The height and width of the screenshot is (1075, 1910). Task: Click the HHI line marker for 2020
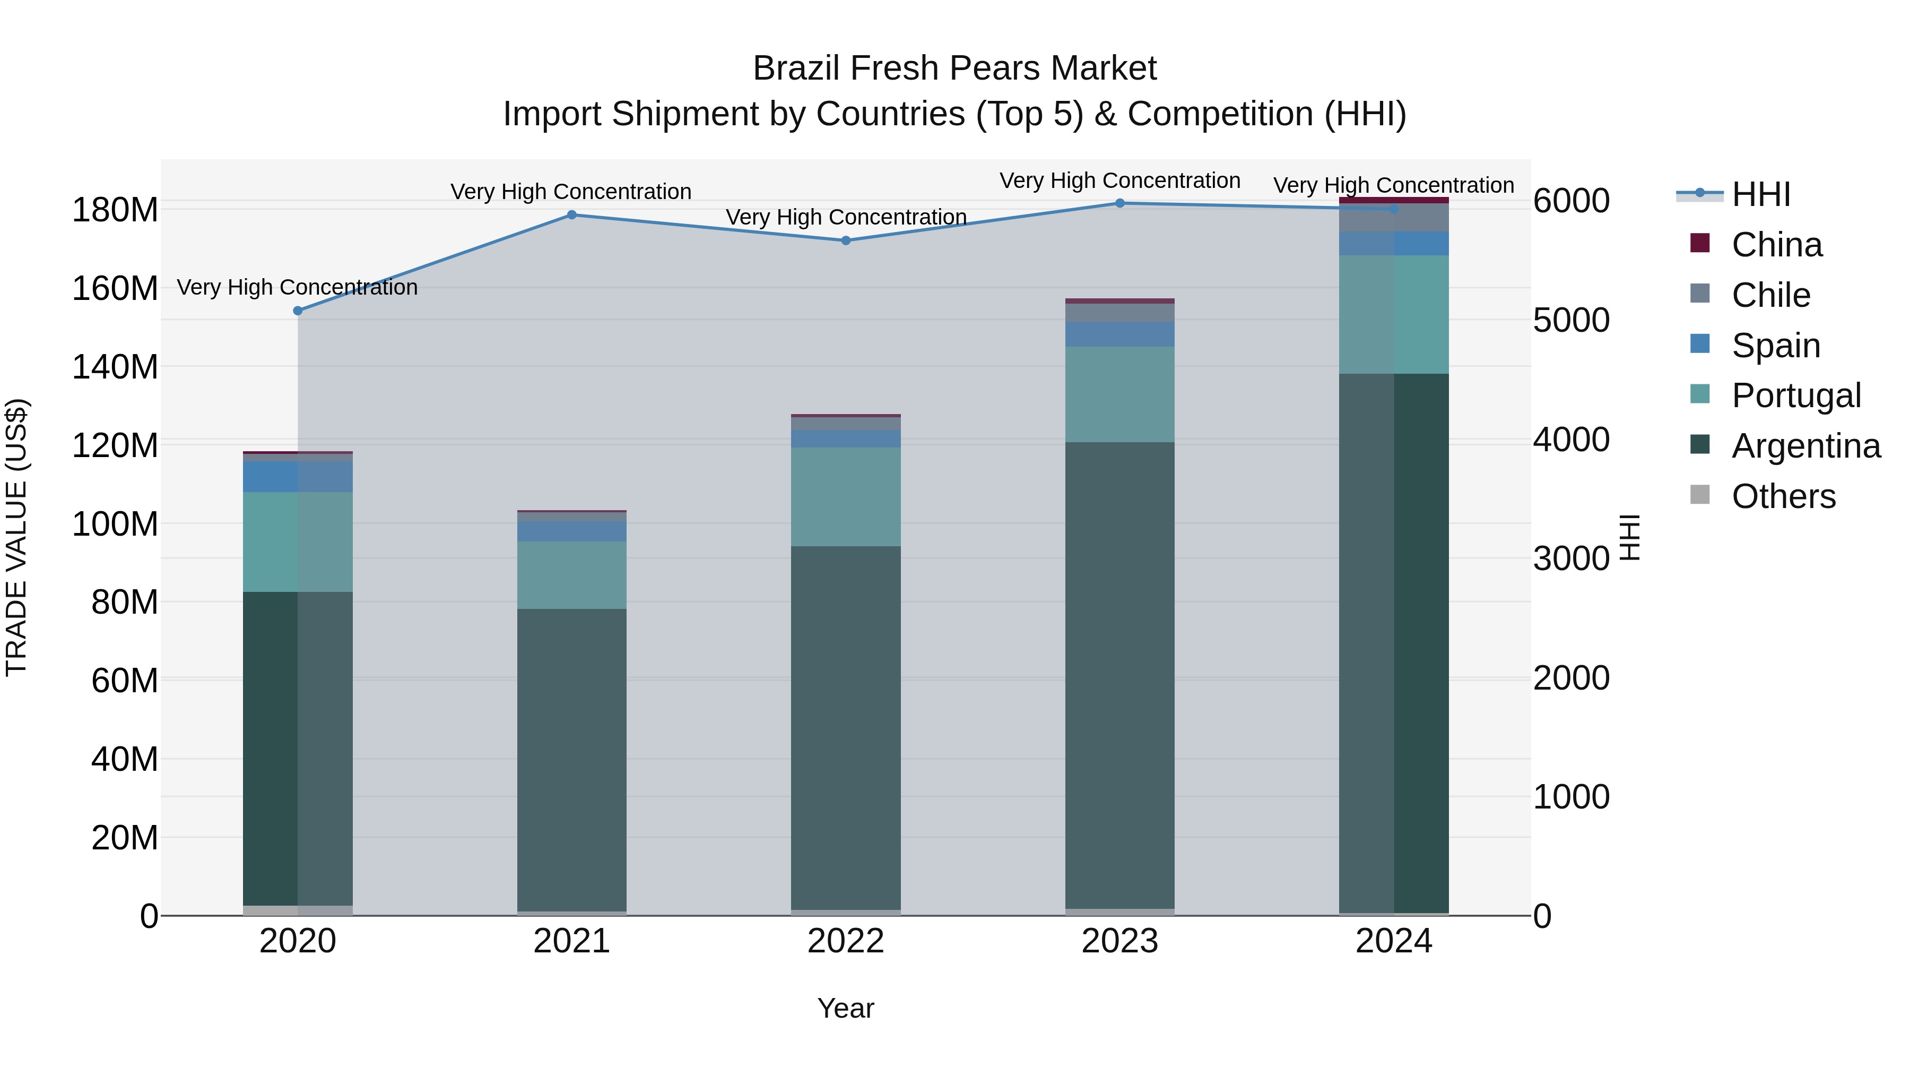click(x=298, y=311)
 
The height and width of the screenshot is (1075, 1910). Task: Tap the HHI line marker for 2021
click(x=571, y=215)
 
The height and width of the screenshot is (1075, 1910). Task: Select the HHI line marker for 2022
click(x=846, y=240)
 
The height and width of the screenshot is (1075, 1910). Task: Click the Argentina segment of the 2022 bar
click(x=846, y=727)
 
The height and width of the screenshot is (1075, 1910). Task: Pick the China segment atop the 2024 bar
click(x=1393, y=200)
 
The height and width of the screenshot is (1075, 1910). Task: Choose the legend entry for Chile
click(x=1770, y=295)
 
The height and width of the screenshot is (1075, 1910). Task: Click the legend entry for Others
click(x=1783, y=496)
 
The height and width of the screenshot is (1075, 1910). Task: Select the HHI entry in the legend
click(x=1761, y=194)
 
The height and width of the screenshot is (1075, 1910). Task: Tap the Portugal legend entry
click(x=1796, y=395)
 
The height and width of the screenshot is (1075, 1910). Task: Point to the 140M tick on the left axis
click(x=115, y=366)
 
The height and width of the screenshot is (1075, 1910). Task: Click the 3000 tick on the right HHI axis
click(x=1571, y=558)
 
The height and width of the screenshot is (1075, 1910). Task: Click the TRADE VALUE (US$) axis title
click(x=17, y=537)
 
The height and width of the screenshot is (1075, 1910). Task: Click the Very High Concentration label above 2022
click(x=846, y=217)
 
